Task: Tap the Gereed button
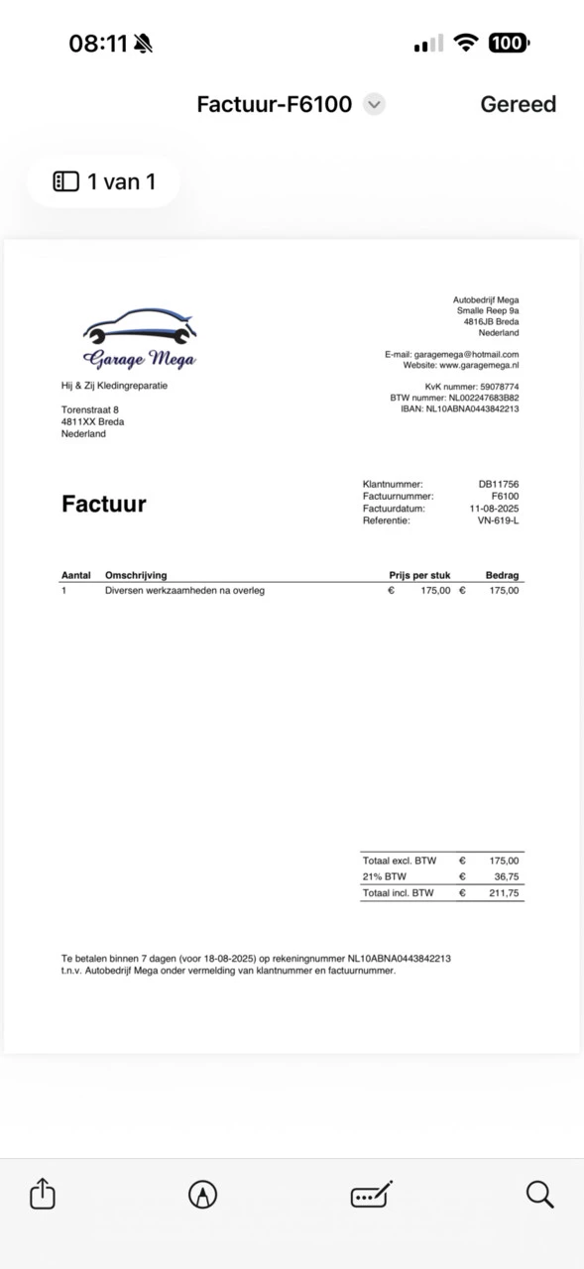518,104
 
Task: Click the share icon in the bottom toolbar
43,1194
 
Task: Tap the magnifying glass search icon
539,1194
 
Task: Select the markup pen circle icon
202,1194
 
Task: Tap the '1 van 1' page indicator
104,181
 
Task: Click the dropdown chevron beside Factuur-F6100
374,104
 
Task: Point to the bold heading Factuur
104,504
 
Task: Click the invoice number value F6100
505,496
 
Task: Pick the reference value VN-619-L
498,519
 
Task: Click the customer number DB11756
498,484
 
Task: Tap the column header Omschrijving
136,575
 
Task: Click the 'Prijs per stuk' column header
419,575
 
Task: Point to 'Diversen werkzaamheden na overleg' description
184,590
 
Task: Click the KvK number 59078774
499,387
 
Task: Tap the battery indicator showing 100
508,43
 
